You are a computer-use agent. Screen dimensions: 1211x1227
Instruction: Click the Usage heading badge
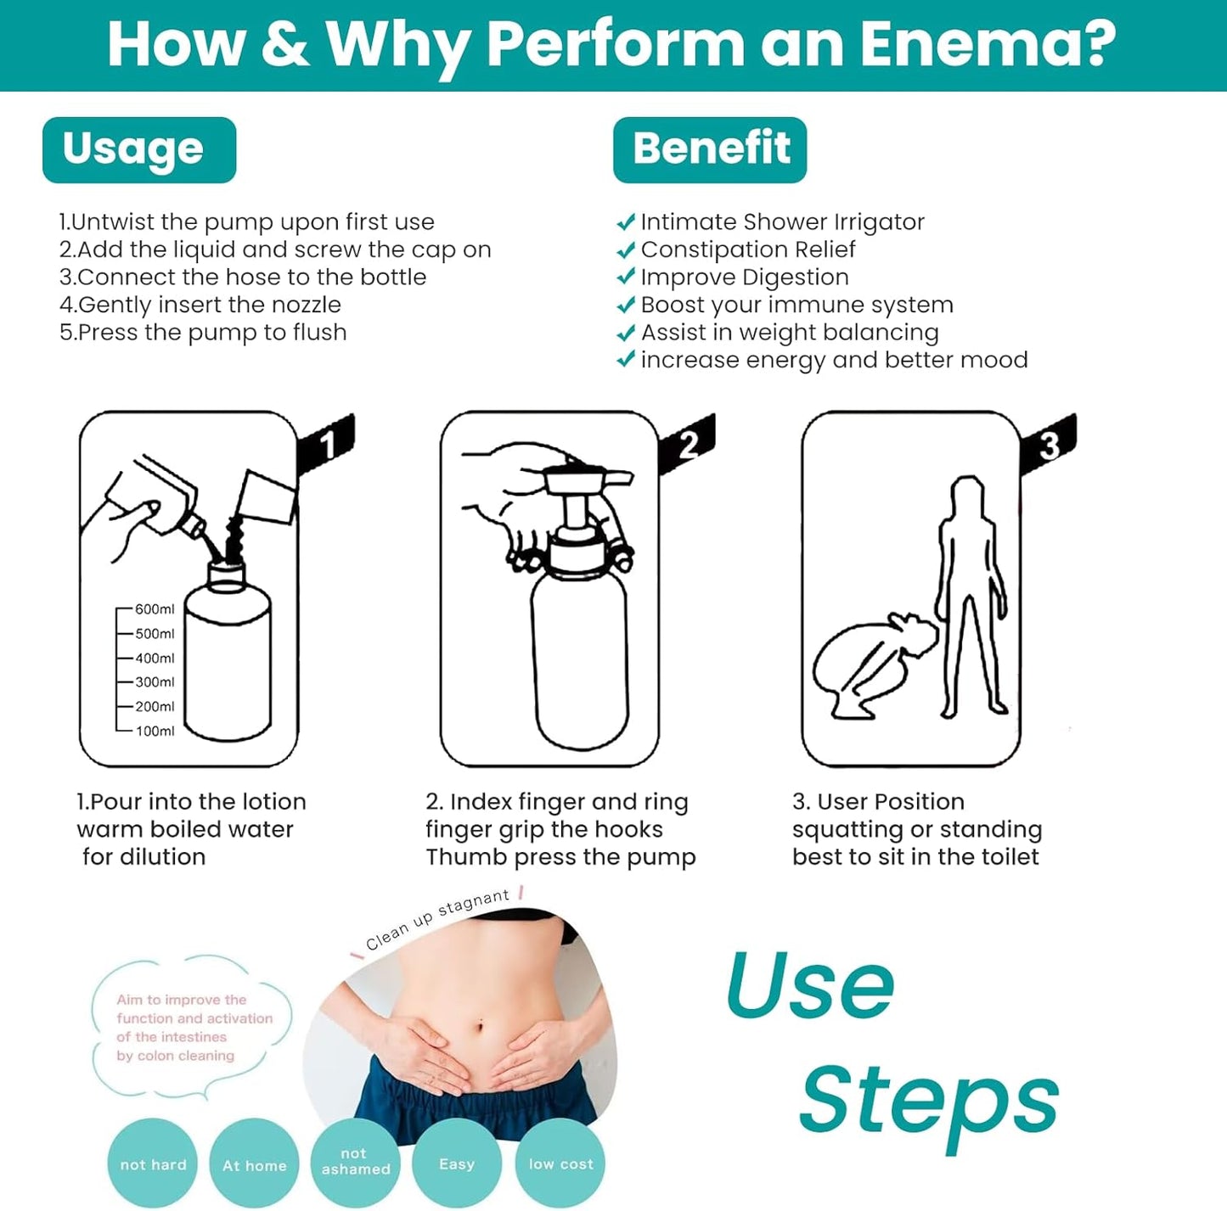point(139,149)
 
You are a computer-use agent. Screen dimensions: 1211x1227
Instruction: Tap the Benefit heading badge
point(710,149)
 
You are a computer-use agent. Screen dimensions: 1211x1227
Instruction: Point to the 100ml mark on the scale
point(154,731)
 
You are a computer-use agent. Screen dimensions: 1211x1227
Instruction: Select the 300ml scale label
point(154,682)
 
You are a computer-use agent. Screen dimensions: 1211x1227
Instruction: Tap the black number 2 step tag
point(689,443)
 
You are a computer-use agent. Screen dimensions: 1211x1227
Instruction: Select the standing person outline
point(971,594)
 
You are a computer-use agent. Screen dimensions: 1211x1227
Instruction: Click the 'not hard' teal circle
point(153,1164)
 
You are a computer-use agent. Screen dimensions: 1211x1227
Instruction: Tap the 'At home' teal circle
point(255,1165)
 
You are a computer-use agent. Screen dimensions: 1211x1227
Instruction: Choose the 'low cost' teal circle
point(560,1164)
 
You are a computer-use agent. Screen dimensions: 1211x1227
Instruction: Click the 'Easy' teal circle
point(457,1164)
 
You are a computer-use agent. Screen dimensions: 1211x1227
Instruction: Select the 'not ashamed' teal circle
point(355,1161)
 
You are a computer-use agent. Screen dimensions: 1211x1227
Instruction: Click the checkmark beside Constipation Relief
point(626,250)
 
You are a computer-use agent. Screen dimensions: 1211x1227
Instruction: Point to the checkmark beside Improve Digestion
point(626,278)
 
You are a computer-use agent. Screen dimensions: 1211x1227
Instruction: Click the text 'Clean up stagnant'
point(437,919)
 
